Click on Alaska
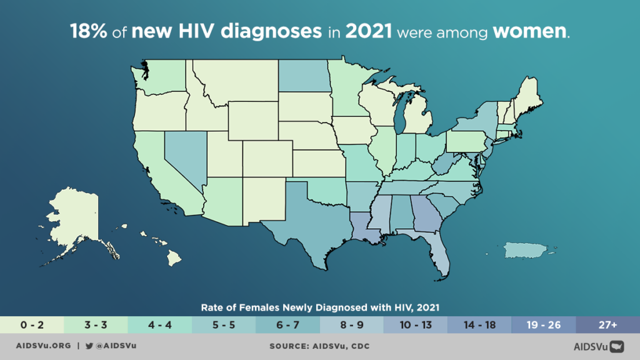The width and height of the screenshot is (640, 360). pos(75,219)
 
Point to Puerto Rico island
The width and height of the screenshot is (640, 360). pos(525,250)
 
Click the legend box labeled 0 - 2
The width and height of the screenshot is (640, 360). pos(32,325)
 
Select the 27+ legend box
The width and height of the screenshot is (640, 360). pos(607,325)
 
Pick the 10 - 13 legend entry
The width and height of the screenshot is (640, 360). pos(416,325)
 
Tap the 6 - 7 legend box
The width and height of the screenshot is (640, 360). pos(287,325)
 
